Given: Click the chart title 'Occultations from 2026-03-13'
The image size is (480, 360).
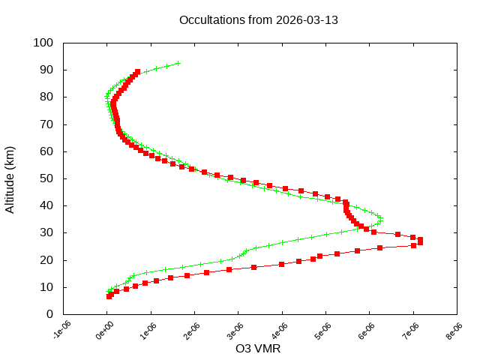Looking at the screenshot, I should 258,20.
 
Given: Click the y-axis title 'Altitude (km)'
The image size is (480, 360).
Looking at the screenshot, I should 10,178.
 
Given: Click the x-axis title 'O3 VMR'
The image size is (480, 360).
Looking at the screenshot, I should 258,348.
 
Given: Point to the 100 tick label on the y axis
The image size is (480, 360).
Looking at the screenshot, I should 43,43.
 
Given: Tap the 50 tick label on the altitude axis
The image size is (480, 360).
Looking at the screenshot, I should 46,178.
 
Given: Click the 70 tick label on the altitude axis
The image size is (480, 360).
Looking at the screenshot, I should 46,124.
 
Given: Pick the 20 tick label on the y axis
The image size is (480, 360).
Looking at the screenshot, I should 46,260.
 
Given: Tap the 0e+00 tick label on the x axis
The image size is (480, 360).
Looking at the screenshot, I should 106,330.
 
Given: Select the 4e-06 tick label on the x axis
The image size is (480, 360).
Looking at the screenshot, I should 281,330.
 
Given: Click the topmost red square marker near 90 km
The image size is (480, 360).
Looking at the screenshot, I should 137,72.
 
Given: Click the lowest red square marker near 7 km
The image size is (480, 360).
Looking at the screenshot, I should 109,296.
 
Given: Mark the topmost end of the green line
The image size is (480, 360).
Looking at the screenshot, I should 178,64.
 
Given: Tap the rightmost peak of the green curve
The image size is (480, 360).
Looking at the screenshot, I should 381,220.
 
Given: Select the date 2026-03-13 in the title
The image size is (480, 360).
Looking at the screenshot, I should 307,20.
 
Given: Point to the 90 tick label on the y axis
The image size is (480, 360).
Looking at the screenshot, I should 46,70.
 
